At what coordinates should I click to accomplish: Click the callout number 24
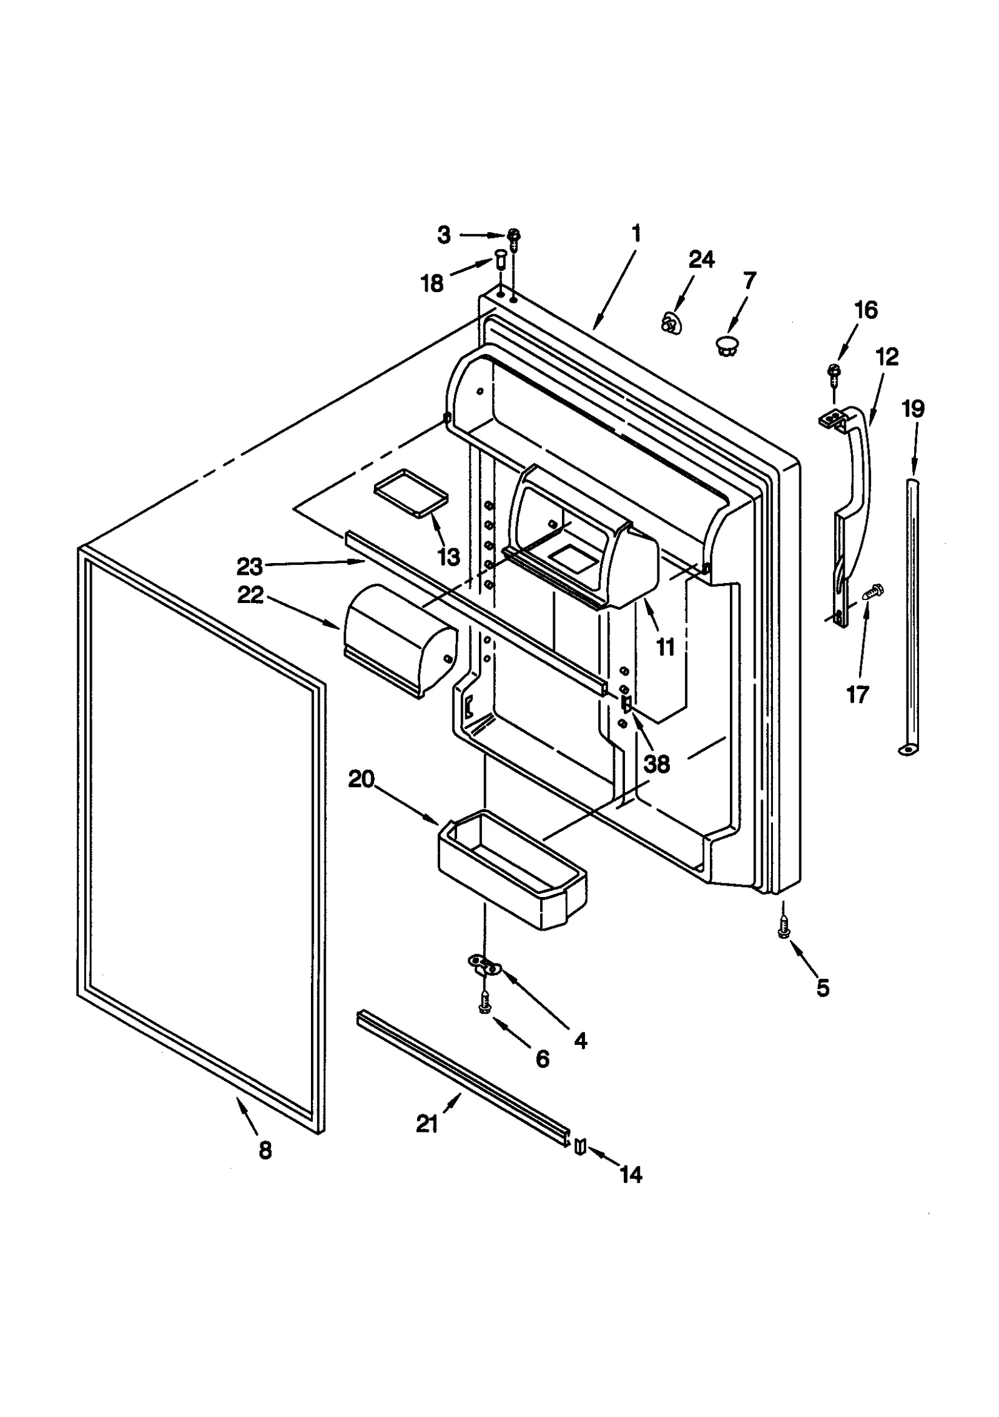pos(701,259)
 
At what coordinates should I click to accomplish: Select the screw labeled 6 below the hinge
pos(484,1004)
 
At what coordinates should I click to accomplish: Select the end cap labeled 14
pos(580,1144)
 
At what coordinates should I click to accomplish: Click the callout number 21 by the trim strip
pos(427,1124)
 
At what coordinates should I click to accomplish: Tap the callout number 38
pos(657,763)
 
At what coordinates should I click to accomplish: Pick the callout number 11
pos(666,647)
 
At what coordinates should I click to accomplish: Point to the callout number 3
pos(443,235)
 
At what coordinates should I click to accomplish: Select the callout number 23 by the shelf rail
pos(249,567)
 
